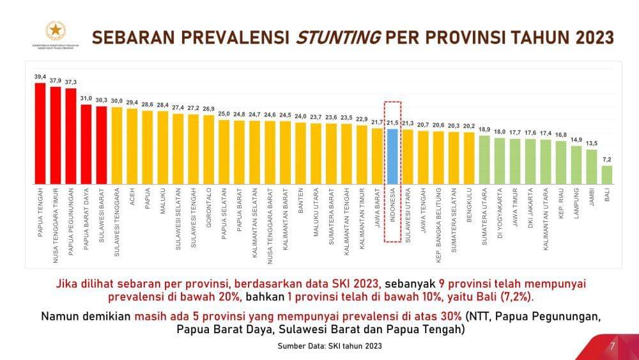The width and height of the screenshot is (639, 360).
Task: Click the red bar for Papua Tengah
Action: point(40,133)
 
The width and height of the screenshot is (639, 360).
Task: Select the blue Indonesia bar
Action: point(392,156)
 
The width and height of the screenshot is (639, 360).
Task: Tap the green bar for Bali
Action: point(606,175)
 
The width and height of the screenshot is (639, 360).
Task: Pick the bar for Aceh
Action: point(132,146)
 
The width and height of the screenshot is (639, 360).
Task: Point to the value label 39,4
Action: point(40,77)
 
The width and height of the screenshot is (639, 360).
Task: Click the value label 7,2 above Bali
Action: point(606,160)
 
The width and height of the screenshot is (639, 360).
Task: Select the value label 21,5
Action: point(392,122)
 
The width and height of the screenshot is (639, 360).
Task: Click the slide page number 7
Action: point(612,346)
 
